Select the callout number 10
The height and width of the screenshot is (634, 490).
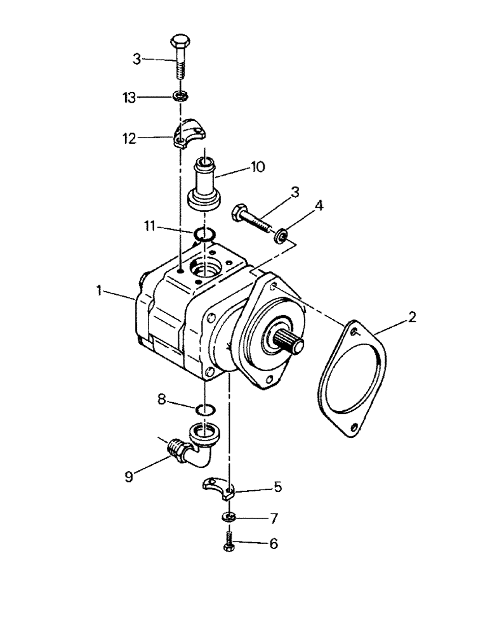tap(258, 167)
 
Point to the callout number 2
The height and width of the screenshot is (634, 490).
tap(412, 318)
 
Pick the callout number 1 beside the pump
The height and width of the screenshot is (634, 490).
tap(99, 290)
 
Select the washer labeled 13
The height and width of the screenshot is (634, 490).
tap(180, 96)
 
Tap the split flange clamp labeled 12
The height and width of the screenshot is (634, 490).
tap(191, 134)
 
